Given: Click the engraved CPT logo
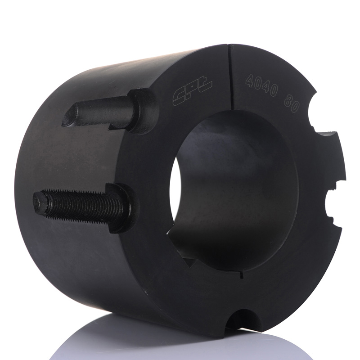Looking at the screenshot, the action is pyautogui.click(x=193, y=91).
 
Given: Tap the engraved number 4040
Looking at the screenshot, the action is pyautogui.click(x=261, y=85).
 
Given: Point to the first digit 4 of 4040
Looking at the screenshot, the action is pyautogui.click(x=249, y=81).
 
